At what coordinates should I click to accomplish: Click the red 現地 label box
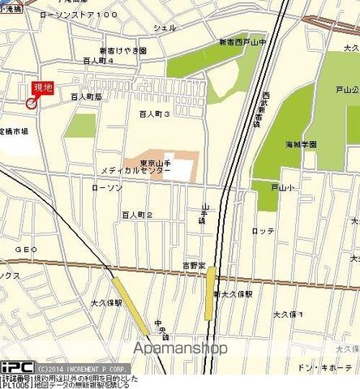(43, 89)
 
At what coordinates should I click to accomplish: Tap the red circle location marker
(32, 103)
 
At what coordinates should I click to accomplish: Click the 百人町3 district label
(154, 115)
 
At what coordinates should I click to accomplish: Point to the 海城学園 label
(301, 144)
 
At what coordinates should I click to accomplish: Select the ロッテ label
(264, 231)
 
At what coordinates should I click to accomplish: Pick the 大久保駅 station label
(106, 302)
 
